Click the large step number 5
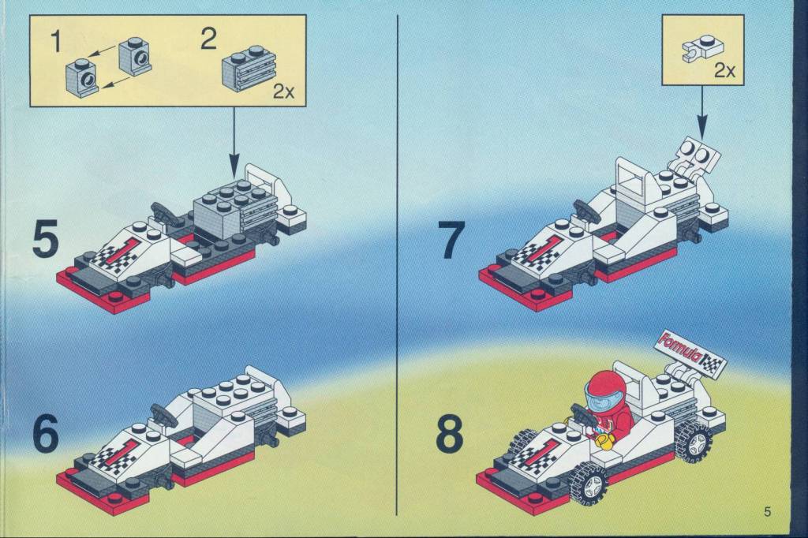point(45,240)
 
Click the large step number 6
point(45,435)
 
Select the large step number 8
point(450,436)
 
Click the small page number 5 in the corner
point(767,512)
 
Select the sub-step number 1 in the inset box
point(56,41)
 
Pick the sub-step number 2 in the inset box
point(208,39)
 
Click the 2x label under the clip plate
point(724,71)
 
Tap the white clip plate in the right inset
point(702,50)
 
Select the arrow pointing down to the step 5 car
point(234,141)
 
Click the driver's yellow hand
point(603,441)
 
